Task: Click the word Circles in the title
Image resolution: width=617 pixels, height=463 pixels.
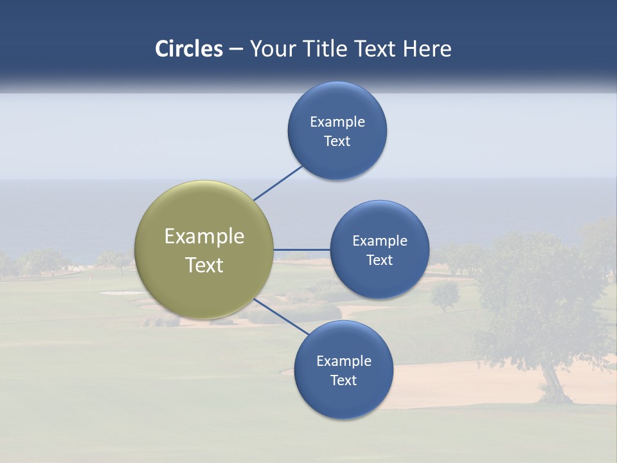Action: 188,49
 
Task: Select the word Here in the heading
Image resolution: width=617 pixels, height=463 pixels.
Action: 427,49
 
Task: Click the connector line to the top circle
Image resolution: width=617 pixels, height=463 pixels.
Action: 278,183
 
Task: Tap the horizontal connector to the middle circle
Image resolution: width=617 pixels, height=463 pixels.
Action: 302,250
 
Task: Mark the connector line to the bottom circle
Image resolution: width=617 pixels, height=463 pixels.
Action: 282,316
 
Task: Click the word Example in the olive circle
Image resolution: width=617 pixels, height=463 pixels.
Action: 204,237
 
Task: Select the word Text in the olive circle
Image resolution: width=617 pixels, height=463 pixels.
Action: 204,265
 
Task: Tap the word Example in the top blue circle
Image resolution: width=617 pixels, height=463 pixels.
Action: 337,122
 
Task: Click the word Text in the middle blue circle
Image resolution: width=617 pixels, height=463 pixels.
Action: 380,260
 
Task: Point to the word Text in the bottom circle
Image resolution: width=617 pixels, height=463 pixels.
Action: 344,380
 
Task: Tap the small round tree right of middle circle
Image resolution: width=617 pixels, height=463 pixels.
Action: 445,295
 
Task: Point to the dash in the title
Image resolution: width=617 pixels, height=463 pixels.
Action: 236,50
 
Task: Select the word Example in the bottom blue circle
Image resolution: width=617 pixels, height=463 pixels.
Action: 344,361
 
